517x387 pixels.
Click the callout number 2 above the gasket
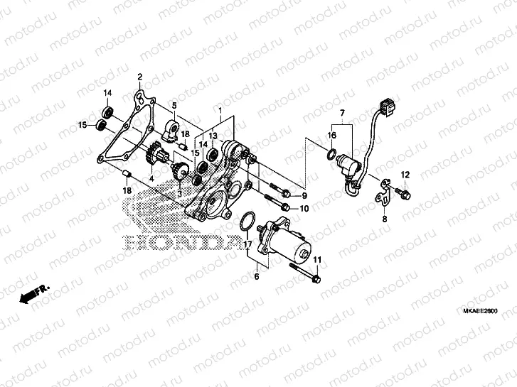point(140,77)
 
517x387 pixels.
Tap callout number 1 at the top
point(220,111)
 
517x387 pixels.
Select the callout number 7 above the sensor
point(341,114)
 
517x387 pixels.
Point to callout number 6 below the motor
point(257,276)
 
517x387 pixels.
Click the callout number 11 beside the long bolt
point(318,259)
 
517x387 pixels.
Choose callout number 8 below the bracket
point(385,220)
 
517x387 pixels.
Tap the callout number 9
point(304,195)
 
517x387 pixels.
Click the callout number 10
point(304,209)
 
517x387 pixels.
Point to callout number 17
point(248,244)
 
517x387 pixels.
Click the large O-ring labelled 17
point(247,221)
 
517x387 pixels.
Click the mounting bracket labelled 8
point(383,192)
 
